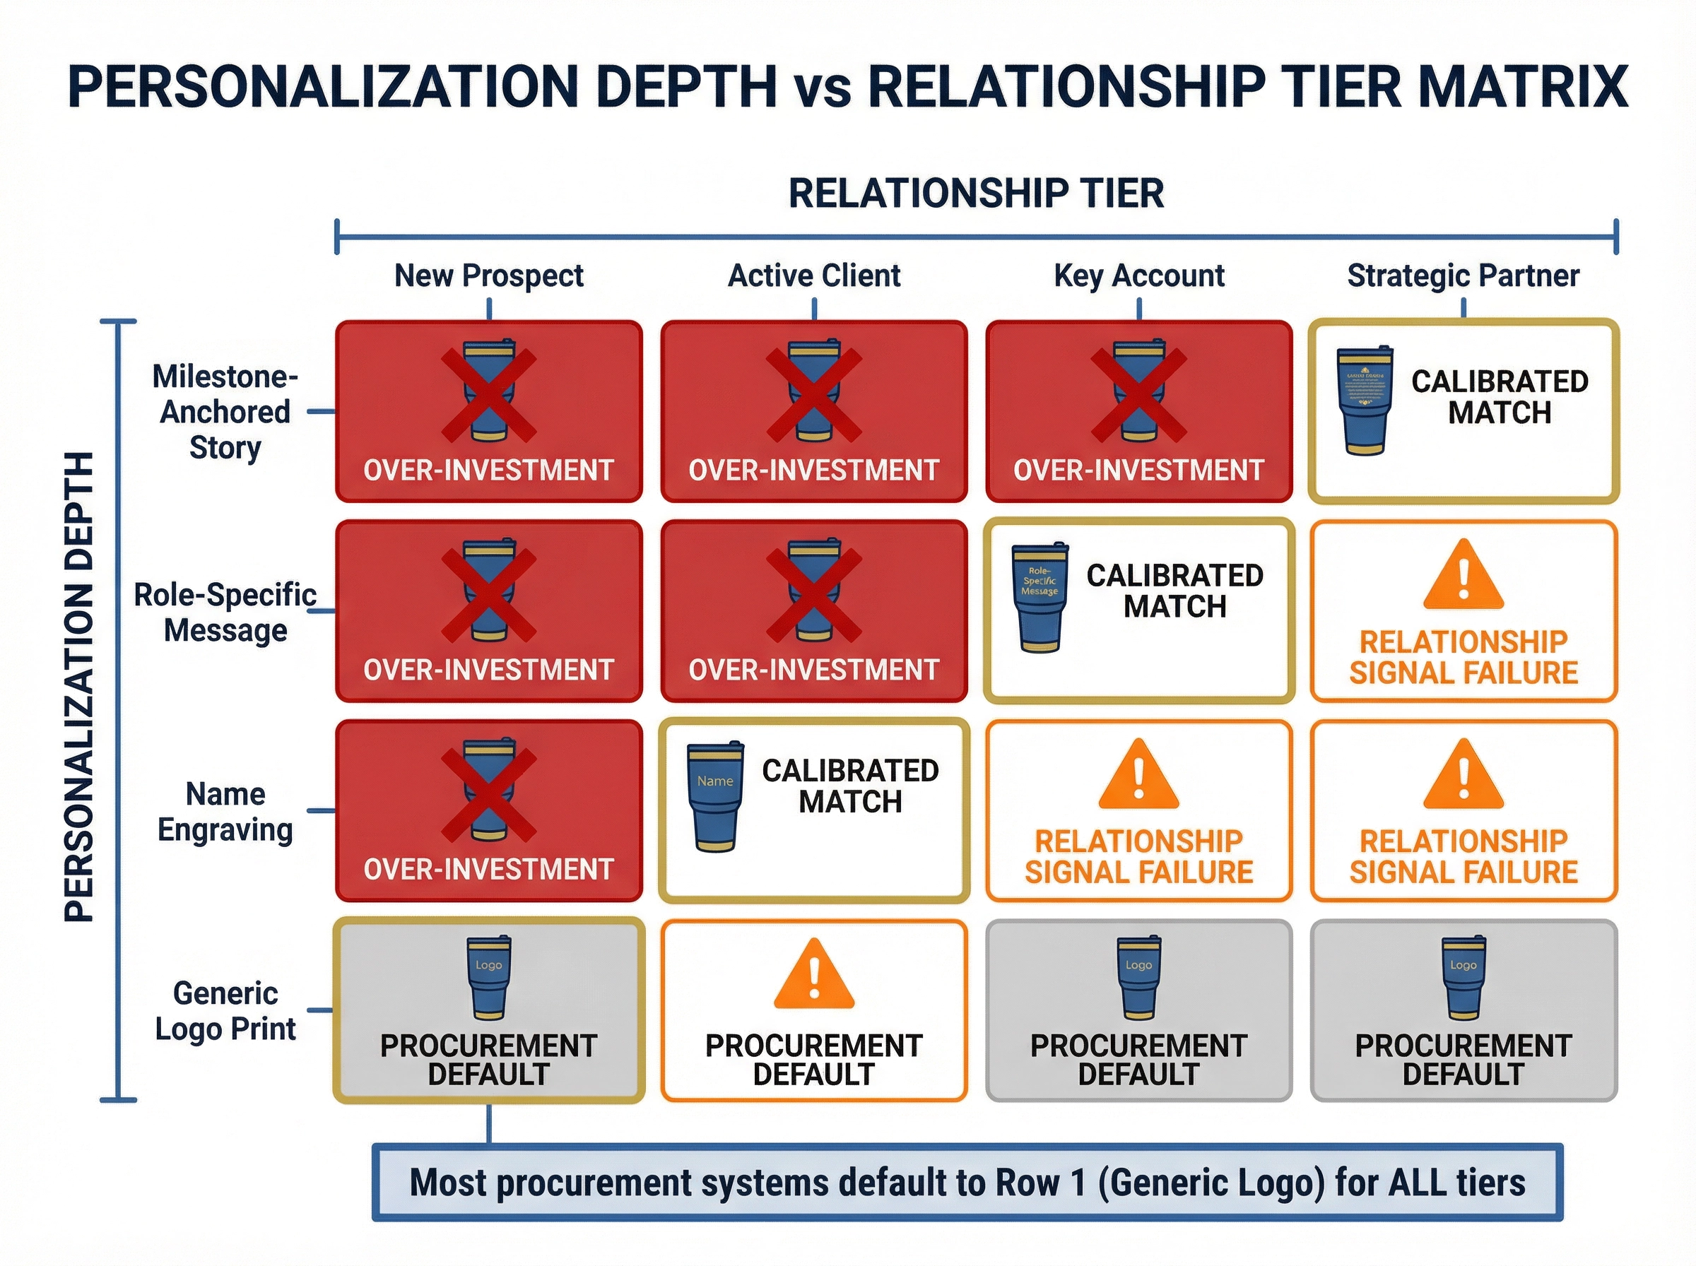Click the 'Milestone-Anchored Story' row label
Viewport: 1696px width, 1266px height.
pyautogui.click(x=225, y=413)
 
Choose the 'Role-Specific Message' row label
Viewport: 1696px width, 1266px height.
pyautogui.click(x=225, y=613)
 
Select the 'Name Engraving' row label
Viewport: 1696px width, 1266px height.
pyautogui.click(x=225, y=812)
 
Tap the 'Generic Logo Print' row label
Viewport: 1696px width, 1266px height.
pyautogui.click(x=225, y=1011)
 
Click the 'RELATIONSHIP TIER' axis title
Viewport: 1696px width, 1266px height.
pyautogui.click(x=976, y=193)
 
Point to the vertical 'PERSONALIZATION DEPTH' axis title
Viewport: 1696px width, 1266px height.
pyautogui.click(x=79, y=687)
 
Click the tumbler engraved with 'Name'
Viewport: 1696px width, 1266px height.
pyautogui.click(x=715, y=797)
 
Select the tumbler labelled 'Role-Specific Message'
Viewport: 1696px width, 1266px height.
pyautogui.click(x=1040, y=598)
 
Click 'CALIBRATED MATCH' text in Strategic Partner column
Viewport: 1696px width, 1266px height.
pyautogui.click(x=1499, y=397)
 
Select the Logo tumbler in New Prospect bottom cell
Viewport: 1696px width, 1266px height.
pyautogui.click(x=488, y=978)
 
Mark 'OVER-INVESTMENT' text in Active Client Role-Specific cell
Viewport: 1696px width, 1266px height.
pyautogui.click(x=814, y=670)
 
